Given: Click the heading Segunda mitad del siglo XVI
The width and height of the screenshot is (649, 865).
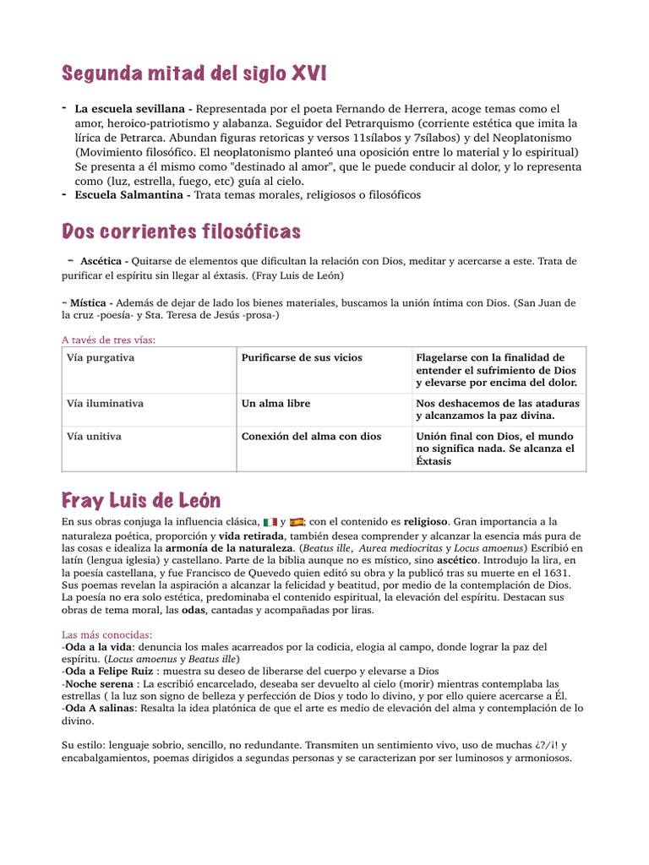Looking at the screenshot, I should click(194, 75).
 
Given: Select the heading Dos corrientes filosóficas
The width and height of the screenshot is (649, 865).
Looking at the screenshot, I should click(182, 231).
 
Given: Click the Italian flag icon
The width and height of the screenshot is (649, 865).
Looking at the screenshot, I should click(270, 522).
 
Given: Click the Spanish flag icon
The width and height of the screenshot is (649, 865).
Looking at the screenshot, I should click(297, 522).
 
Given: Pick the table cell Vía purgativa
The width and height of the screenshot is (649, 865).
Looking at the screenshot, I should click(101, 358).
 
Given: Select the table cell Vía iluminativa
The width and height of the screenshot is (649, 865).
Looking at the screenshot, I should click(105, 404).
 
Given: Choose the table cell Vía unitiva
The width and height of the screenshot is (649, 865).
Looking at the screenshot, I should click(94, 437).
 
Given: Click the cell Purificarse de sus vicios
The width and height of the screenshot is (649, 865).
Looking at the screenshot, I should click(302, 358).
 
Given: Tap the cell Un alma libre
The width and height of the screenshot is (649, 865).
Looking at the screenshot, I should click(275, 404).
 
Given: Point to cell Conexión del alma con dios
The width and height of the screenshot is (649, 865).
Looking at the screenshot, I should click(311, 437).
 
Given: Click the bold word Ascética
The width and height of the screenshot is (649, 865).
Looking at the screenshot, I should click(103, 261).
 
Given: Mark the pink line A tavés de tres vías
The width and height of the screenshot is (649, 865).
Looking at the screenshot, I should click(109, 340).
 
